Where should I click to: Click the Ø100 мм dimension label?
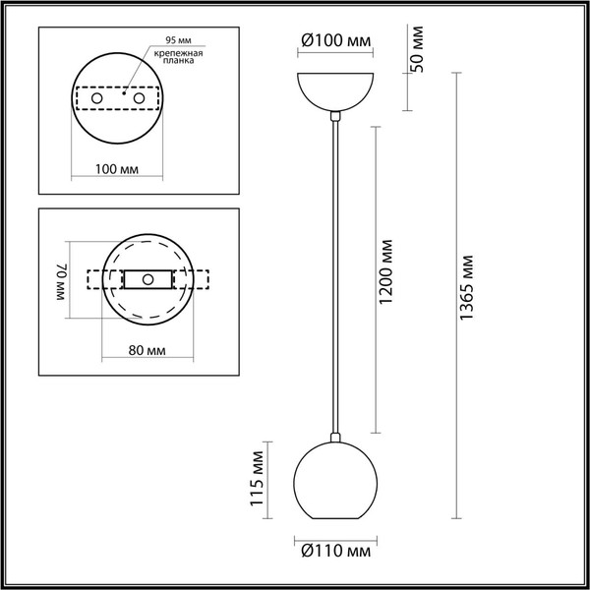point(337,41)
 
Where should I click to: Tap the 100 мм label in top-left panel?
point(115,169)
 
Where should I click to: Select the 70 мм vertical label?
point(60,280)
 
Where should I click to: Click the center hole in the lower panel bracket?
point(148,279)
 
